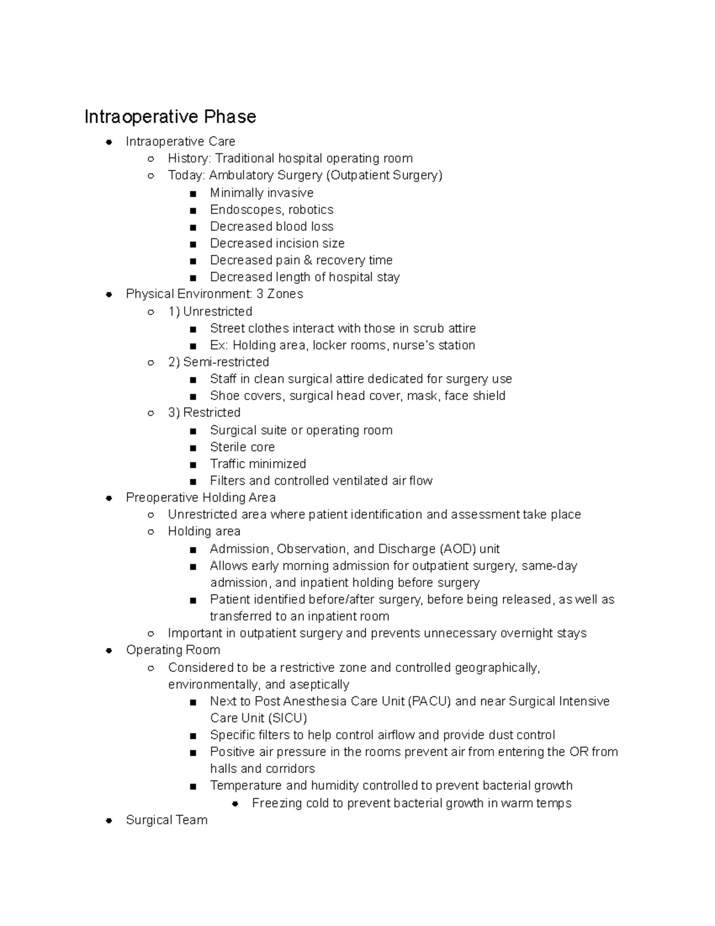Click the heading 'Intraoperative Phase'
[170, 116]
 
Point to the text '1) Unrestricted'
[210, 312]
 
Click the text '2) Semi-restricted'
[218, 362]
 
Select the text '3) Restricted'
[204, 413]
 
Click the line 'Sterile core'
[242, 447]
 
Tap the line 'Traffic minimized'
[257, 464]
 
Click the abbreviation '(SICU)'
[288, 718]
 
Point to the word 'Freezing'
[277, 804]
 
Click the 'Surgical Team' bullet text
[166, 820]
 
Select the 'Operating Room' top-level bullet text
[173, 650]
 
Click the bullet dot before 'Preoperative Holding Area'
[109, 498]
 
